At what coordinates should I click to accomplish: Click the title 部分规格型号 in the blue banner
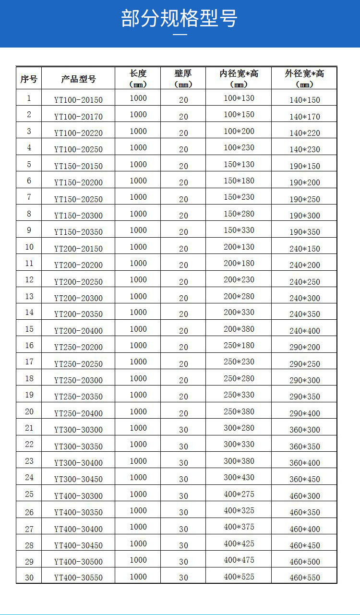tap(180, 19)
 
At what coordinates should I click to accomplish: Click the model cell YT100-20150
tap(78, 100)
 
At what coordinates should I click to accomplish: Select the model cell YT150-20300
tap(78, 216)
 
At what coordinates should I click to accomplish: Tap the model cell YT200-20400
tap(78, 331)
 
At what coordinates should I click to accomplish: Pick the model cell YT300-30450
tap(78, 479)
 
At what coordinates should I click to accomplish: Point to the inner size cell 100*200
tap(239, 131)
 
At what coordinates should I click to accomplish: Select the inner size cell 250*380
tap(239, 411)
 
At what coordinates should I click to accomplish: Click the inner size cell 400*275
tap(239, 494)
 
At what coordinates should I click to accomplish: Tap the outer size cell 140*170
tap(304, 117)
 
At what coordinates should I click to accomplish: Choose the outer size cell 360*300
tap(304, 430)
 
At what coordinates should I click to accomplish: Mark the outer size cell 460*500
tap(304, 562)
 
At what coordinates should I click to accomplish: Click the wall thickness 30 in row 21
tap(183, 430)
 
